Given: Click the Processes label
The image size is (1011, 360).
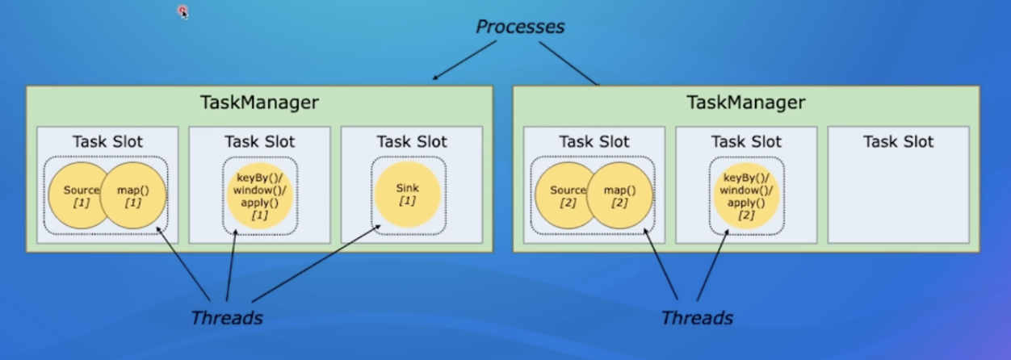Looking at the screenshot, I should click(520, 27).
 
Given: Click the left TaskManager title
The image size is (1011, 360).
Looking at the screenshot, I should click(259, 103).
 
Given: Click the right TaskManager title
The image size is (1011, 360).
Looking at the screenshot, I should click(745, 103).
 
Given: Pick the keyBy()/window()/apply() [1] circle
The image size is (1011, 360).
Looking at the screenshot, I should click(259, 195).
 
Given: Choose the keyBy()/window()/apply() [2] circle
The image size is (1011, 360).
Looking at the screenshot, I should click(745, 195).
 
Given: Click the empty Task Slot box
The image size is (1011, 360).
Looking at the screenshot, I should click(898, 194).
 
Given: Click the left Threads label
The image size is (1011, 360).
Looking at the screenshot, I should click(227, 317).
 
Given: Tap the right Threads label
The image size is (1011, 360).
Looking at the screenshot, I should click(697, 317).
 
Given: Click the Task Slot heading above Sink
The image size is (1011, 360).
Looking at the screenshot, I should click(411, 141).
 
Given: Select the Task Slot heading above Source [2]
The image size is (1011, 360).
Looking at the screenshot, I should click(594, 141).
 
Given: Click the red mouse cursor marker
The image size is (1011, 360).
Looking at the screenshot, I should click(183, 11).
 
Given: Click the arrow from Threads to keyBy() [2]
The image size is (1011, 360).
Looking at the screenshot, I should click(713, 266).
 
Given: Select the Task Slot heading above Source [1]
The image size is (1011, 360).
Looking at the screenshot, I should click(107, 141).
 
